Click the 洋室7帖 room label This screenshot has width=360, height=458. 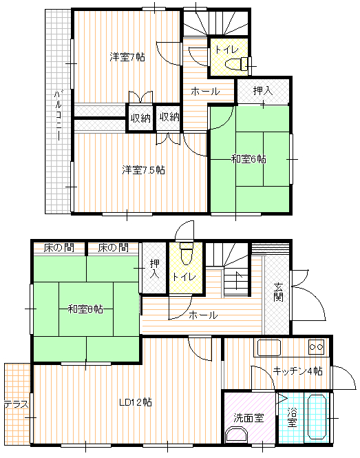(x=127, y=57)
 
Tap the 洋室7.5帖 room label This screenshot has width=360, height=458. (x=143, y=169)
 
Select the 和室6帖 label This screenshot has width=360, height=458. (x=248, y=160)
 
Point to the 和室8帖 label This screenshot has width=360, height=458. (x=85, y=309)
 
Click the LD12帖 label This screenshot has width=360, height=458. (x=136, y=402)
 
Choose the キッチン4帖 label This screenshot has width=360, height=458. (x=298, y=371)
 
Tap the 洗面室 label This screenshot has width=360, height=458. (x=248, y=418)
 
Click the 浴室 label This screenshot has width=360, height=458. (x=292, y=417)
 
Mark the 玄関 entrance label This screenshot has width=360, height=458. (x=278, y=292)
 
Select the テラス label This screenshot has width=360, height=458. (x=17, y=404)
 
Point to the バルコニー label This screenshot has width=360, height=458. (x=58, y=116)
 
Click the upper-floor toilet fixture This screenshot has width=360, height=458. (x=237, y=64)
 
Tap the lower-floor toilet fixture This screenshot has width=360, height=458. (x=186, y=253)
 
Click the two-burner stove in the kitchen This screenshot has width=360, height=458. (x=317, y=347)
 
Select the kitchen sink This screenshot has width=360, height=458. (x=269, y=348)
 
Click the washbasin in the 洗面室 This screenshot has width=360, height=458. (x=237, y=435)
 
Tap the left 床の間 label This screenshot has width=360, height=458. (x=59, y=248)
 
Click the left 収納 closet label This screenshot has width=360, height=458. (x=140, y=118)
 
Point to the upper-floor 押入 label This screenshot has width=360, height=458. (x=263, y=91)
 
